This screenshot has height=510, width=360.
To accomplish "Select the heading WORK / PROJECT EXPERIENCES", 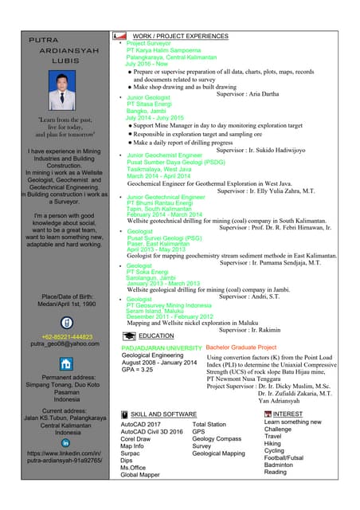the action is tap(180, 37).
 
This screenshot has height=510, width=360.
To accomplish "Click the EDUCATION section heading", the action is tap(156, 336).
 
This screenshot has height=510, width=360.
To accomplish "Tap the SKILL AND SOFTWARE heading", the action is tap(163, 415).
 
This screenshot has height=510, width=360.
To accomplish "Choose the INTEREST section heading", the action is tap(288, 414).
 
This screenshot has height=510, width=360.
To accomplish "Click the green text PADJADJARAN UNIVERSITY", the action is tap(162, 348).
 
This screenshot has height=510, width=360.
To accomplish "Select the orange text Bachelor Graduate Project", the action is tap(241, 348).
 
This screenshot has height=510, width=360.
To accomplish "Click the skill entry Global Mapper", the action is tap(139, 474).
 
